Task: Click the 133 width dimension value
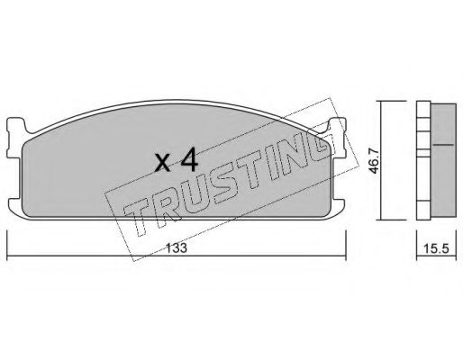[177, 247]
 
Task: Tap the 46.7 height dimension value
[374, 162]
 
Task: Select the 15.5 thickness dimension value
[436, 248]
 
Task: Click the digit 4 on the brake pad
[189, 161]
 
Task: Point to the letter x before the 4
[163, 164]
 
